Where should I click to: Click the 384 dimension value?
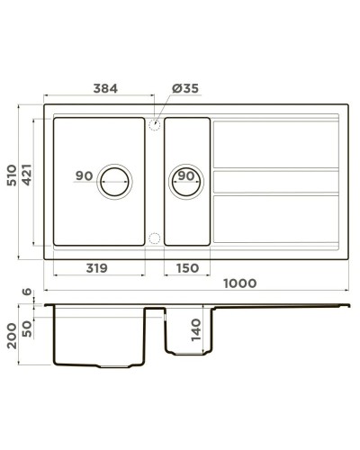106,88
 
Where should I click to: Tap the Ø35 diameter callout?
184,88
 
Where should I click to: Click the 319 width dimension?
98,267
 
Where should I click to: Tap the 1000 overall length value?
238,283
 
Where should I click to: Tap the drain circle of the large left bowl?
115,177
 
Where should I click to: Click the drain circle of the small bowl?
184,177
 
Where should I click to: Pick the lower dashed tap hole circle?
154,238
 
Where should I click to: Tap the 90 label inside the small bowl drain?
186,175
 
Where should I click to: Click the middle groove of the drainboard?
274,180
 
